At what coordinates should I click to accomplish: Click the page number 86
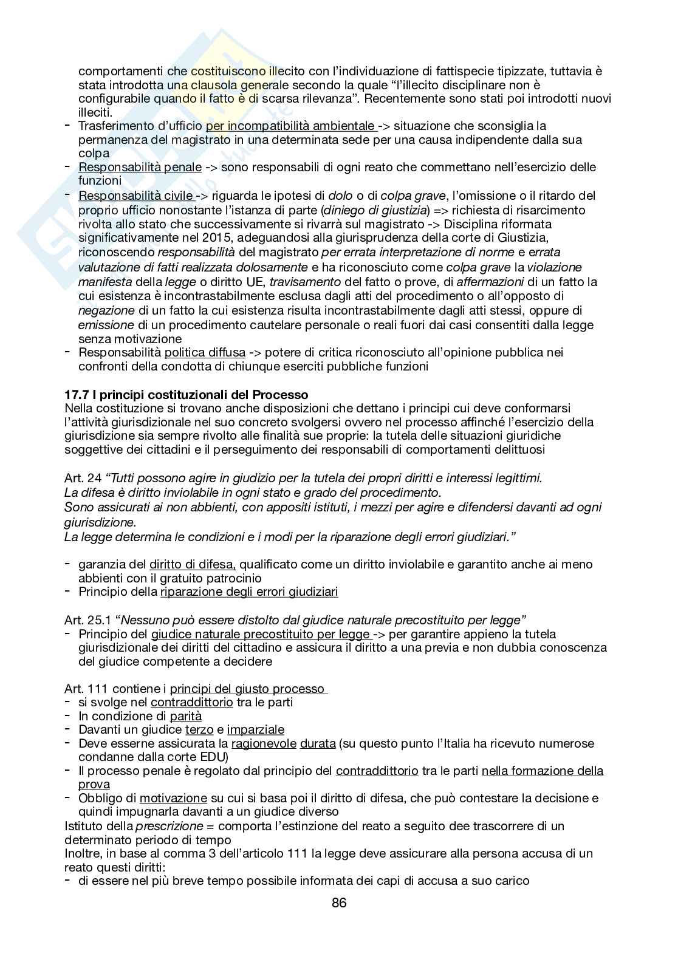pos(339,903)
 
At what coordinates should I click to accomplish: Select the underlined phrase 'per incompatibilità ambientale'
pos(290,126)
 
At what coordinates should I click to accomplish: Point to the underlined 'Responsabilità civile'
pos(135,196)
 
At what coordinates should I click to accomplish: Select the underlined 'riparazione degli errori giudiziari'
pos(249,592)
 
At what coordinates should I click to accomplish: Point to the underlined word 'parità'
pos(185,716)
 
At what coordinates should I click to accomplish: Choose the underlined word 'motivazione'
pos(173,798)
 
